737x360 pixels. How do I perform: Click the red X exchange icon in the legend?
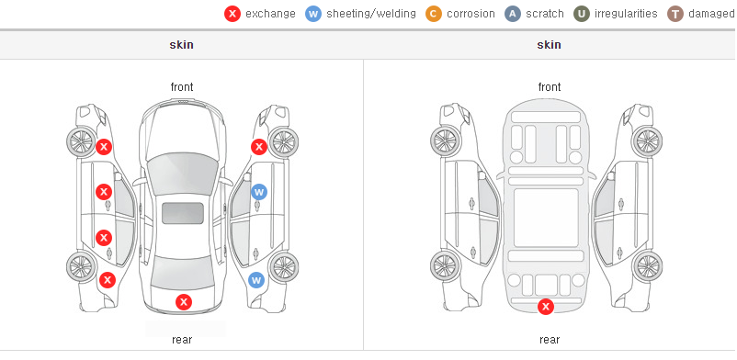[x=232, y=14]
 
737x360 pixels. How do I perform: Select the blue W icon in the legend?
[x=313, y=14]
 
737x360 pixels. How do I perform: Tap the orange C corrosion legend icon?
[x=434, y=14]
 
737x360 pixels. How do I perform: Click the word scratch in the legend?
[x=545, y=14]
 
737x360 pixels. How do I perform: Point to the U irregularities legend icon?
[x=582, y=14]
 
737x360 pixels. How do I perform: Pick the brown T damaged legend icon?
[x=675, y=14]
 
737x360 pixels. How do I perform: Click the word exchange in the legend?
[x=270, y=14]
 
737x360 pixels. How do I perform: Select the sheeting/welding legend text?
[x=371, y=14]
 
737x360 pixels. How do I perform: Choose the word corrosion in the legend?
[x=471, y=14]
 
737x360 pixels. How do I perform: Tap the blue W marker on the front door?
[x=259, y=192]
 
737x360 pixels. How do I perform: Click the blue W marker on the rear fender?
[x=256, y=281]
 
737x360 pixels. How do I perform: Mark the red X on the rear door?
[x=104, y=238]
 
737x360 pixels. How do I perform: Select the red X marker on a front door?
[x=104, y=192]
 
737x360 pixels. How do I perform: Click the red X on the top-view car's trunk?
[x=184, y=302]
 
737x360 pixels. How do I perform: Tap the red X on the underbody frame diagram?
[x=546, y=308]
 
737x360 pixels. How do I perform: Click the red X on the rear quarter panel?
[x=108, y=281]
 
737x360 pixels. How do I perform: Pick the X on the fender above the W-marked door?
[x=259, y=147]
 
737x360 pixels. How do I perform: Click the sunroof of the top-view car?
[x=183, y=213]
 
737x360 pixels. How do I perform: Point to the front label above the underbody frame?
[x=550, y=87]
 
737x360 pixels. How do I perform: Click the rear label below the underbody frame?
[x=550, y=340]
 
